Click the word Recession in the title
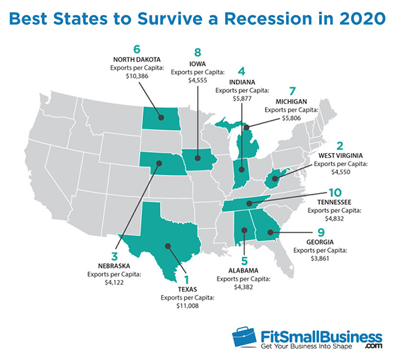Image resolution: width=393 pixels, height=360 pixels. click(268, 18)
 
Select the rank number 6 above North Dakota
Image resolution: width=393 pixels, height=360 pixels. click(137, 49)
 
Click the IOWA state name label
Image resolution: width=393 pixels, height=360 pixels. click(197, 64)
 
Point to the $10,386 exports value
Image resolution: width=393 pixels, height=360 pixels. click(137, 76)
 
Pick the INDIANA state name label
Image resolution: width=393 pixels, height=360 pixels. click(242, 82)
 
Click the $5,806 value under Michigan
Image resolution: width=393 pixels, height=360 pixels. click(291, 118)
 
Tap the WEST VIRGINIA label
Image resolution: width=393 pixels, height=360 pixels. click(340, 156)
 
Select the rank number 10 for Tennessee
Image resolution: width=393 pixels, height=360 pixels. click(335, 193)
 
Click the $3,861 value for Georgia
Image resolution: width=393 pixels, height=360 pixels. click(320, 258)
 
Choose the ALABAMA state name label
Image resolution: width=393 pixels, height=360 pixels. click(243, 271)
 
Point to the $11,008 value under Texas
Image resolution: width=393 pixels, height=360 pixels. click(188, 306)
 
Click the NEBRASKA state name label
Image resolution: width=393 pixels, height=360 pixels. click(114, 266)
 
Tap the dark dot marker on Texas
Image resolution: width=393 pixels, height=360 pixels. click(168, 246)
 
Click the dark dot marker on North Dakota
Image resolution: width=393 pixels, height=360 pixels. click(161, 117)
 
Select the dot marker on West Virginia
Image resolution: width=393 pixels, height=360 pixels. click(275, 179)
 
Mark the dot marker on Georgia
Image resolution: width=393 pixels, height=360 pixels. click(270, 233)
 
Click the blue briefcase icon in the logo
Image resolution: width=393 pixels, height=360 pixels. click(244, 337)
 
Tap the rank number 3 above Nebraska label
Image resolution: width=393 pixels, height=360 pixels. click(115, 256)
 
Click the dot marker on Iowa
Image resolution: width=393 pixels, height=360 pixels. click(198, 158)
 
